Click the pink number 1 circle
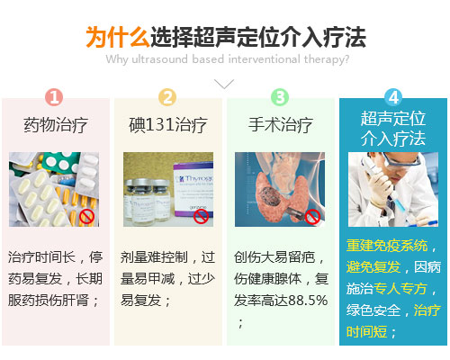tap(54, 97)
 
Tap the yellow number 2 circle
tap(167, 97)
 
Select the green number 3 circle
tap(280, 97)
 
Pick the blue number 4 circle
tap(393, 97)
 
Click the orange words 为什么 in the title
tap(118, 37)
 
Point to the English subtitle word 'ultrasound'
tap(159, 59)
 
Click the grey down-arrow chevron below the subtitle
tap(224, 84)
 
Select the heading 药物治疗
tap(56, 125)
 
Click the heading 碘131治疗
tap(168, 125)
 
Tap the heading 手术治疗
tap(281, 125)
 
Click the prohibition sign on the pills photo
tap(87, 216)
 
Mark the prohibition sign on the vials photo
tap(201, 216)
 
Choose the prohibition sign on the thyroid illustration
tap(312, 216)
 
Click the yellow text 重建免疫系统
tap(387, 246)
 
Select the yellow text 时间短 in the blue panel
tap(366, 332)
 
